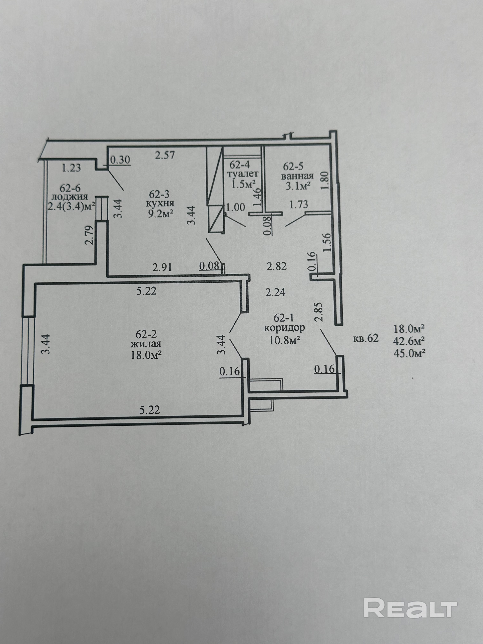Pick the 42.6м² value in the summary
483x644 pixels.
click(408, 341)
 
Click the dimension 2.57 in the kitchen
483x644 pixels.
click(165, 155)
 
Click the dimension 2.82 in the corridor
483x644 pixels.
click(277, 266)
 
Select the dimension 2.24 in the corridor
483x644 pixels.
click(275, 292)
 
